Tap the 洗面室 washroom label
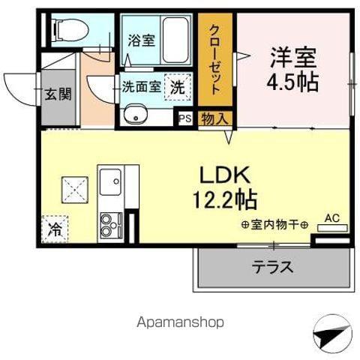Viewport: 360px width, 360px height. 142,86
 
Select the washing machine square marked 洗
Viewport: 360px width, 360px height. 177,87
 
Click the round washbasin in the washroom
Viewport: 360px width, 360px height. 136,115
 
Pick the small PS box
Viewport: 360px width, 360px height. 184,117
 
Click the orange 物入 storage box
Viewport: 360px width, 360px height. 214,117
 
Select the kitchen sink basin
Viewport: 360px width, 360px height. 112,181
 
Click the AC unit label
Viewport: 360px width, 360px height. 331,219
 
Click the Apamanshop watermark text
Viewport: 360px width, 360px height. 180,322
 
